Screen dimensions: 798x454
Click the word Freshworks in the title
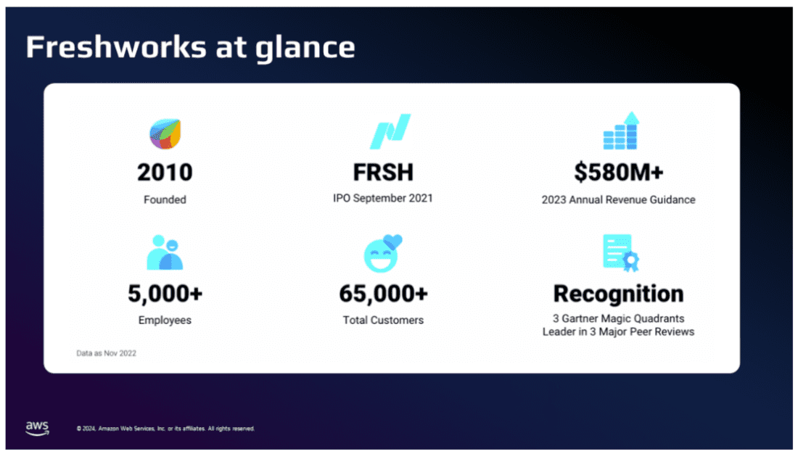(x=117, y=47)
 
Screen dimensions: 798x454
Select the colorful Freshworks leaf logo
(x=165, y=134)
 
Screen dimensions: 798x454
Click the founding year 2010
(x=165, y=172)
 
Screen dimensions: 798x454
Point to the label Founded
(x=165, y=199)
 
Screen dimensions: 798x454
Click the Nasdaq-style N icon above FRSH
(x=390, y=131)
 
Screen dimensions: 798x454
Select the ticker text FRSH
(x=383, y=172)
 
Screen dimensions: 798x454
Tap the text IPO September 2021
(x=383, y=198)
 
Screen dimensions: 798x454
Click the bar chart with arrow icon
(x=621, y=131)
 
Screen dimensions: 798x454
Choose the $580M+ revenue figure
(x=619, y=172)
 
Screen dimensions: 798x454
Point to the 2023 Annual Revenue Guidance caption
(x=618, y=199)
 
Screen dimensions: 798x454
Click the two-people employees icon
(x=165, y=252)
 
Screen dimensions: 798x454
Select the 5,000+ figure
(x=165, y=294)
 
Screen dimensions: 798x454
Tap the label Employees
(x=165, y=320)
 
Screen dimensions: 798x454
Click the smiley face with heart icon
(x=383, y=253)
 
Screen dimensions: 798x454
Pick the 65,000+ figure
(x=383, y=294)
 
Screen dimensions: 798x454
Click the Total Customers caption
(x=383, y=320)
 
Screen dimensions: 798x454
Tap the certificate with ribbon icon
(x=621, y=253)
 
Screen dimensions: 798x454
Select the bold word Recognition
(x=618, y=294)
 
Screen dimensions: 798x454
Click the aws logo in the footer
(x=37, y=428)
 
